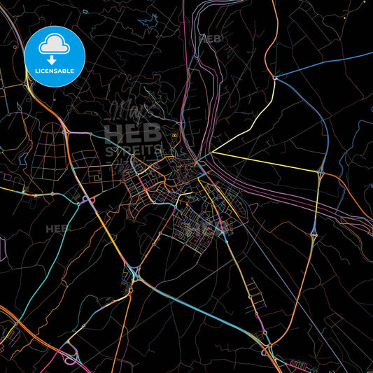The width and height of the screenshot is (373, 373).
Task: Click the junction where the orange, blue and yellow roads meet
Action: tap(276, 78)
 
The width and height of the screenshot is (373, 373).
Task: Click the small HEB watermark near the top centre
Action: tap(212, 39)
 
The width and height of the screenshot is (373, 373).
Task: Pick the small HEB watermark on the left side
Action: tap(59, 229)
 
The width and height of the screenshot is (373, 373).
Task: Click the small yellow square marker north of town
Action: tap(174, 135)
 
